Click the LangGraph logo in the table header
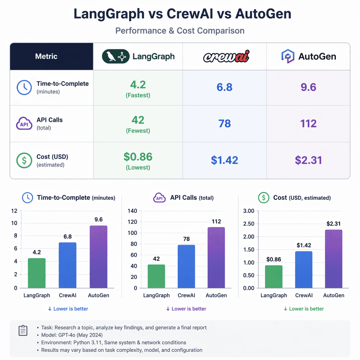pyautogui.click(x=115, y=56)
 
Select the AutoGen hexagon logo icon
pyautogui.click(x=288, y=56)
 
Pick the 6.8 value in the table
pyautogui.click(x=224, y=87)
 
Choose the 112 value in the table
pyautogui.click(x=308, y=123)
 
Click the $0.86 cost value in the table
pyautogui.click(x=138, y=157)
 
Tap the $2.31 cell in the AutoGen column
pyautogui.click(x=308, y=160)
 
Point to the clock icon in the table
pyautogui.click(x=24, y=88)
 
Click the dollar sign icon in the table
pyautogui.click(x=24, y=160)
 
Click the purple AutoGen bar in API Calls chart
pyautogui.click(x=216, y=257)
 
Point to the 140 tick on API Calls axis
pyautogui.click(x=132, y=211)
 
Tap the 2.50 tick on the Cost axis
pyautogui.click(x=248, y=224)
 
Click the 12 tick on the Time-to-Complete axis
pyautogui.click(x=14, y=211)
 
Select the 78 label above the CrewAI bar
pyautogui.click(x=186, y=239)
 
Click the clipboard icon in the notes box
pyautogui.click(x=23, y=331)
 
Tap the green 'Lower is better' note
pyautogui.click(x=303, y=309)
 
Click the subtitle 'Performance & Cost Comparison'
pyautogui.click(x=180, y=31)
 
